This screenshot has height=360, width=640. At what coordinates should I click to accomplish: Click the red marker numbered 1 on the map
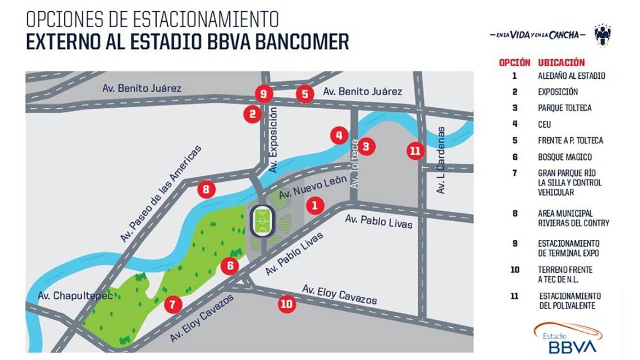coord(315,206)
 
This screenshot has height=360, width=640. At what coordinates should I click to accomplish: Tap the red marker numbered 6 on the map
coord(229,266)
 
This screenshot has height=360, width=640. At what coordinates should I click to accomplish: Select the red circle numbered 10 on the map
coord(287,304)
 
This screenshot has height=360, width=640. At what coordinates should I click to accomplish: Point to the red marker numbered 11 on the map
coord(415,151)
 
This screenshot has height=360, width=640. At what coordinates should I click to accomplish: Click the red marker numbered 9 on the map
coord(263,93)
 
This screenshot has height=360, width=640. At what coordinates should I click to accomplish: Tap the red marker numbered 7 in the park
coord(173,304)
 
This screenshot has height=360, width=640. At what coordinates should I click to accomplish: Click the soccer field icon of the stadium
coord(263,221)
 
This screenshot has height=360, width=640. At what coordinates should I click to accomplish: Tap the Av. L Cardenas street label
coord(441,160)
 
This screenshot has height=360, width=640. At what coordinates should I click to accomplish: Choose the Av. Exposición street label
coord(272,139)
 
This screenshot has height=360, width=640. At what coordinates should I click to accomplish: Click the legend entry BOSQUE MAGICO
coord(564,157)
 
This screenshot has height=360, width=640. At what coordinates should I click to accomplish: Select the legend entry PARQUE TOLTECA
coord(564,108)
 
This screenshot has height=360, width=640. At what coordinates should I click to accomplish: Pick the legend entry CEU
coord(544,124)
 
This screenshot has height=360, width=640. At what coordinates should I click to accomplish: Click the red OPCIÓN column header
coord(514,63)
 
